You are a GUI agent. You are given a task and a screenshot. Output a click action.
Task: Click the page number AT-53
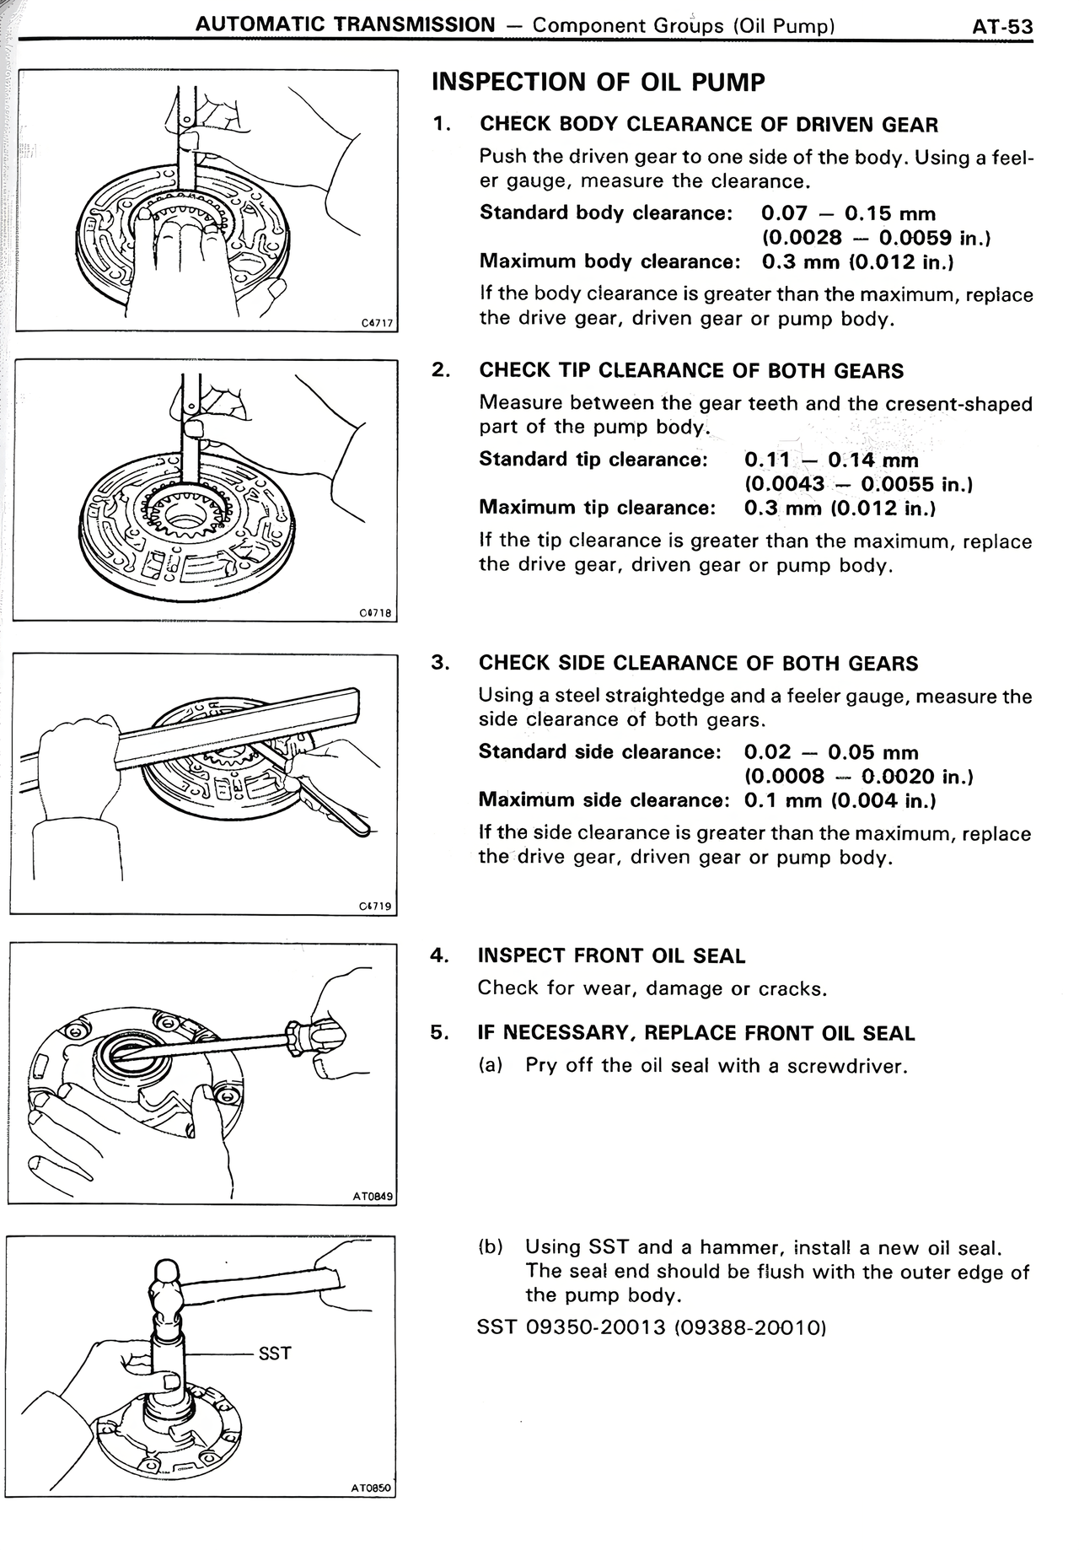point(1001,26)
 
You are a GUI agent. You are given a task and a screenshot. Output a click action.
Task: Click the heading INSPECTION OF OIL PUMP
point(598,83)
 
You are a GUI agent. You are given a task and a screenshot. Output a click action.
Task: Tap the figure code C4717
point(376,322)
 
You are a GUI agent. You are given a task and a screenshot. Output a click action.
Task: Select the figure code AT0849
point(373,1196)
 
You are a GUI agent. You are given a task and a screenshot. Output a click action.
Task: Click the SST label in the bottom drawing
point(274,1354)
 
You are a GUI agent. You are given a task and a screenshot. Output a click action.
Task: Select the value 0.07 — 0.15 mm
point(848,213)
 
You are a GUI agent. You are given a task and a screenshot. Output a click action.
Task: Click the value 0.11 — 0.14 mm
point(831,460)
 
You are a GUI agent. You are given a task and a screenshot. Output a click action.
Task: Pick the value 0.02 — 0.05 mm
point(831,752)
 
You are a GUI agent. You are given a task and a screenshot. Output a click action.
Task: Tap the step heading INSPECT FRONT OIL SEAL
point(611,955)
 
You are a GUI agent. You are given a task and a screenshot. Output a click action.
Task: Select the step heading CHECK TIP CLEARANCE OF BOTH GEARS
point(691,371)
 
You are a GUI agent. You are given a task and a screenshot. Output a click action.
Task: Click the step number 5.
point(438,1032)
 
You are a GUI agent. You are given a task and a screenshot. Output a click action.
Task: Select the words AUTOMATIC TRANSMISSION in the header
point(345,24)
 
